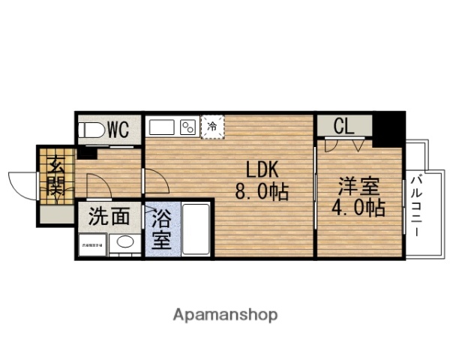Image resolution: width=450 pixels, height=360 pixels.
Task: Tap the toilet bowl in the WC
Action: click(x=91, y=129)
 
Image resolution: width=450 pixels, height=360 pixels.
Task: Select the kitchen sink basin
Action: click(x=161, y=126)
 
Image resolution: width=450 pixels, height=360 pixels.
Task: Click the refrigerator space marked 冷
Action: click(x=213, y=126)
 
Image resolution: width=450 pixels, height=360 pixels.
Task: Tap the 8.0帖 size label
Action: click(x=262, y=192)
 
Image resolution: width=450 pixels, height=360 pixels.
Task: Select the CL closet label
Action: click(x=343, y=126)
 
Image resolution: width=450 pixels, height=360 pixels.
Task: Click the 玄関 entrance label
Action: click(x=55, y=175)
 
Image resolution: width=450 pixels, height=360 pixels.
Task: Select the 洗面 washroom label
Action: click(x=109, y=217)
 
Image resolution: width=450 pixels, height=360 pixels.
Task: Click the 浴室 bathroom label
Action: click(x=162, y=230)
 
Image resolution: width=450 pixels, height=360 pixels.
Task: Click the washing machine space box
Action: click(x=91, y=245)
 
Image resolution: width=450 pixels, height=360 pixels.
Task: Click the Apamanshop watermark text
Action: click(x=225, y=313)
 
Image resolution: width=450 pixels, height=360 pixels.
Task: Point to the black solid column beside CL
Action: click(x=389, y=129)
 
